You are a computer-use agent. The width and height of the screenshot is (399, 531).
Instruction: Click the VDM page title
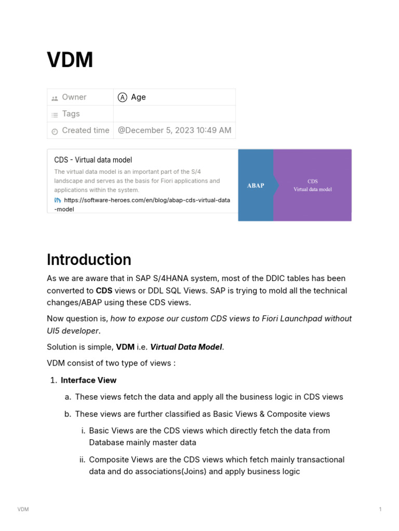click(70, 60)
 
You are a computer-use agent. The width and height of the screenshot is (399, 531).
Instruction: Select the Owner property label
click(74, 97)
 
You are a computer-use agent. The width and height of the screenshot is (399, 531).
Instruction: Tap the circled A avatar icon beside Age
click(123, 97)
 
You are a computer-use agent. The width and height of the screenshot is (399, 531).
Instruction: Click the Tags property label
click(71, 114)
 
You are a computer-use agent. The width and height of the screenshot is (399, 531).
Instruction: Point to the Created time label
click(85, 130)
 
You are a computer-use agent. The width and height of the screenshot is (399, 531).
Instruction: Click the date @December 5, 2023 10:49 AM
click(175, 130)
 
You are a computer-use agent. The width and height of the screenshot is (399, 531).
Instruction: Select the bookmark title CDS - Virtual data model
click(93, 160)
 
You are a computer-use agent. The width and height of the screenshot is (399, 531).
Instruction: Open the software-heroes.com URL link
click(147, 200)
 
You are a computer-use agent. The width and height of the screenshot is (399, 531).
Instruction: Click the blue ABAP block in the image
click(255, 185)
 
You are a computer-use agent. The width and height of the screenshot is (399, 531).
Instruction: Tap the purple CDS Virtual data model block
click(312, 185)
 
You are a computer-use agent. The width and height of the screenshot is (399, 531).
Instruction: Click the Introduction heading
click(89, 259)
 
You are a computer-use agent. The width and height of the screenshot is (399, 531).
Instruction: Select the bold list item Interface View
click(88, 380)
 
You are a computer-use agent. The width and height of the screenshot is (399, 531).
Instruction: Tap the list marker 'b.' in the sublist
click(68, 414)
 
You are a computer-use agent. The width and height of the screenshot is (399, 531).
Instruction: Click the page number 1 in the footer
click(380, 509)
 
